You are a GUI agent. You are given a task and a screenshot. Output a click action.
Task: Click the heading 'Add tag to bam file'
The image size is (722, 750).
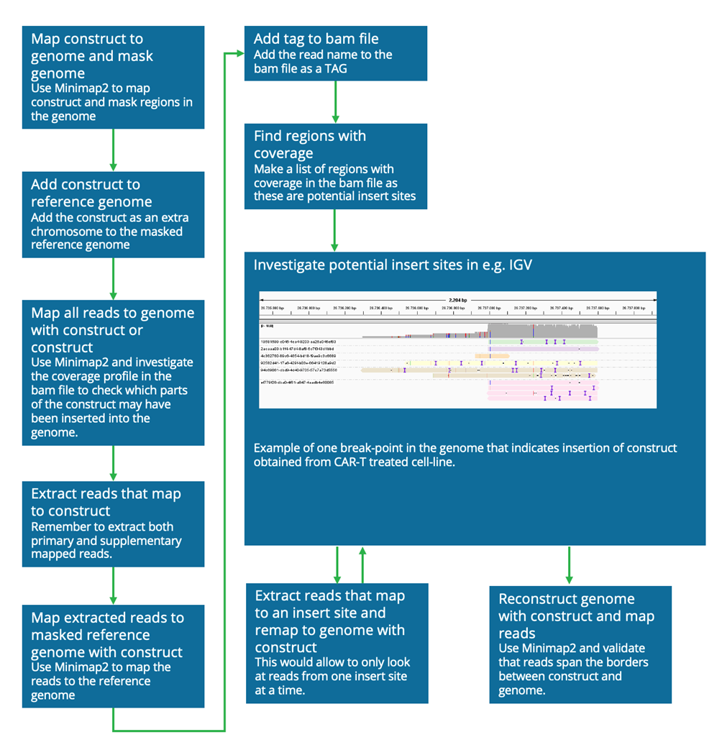pos(316,39)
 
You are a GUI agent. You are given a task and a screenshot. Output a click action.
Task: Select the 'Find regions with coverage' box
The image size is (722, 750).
pos(335,166)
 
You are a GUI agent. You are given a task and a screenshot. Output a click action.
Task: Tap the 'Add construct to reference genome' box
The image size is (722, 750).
pos(113,214)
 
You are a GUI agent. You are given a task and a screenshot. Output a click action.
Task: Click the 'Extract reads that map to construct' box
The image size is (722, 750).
pos(113,523)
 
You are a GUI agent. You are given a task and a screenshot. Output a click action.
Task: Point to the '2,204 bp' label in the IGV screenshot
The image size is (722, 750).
pos(457,298)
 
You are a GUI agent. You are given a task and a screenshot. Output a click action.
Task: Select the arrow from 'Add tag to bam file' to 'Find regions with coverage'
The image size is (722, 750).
pos(336,101)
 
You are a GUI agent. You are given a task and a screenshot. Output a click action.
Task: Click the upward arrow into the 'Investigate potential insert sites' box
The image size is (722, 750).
pos(362,564)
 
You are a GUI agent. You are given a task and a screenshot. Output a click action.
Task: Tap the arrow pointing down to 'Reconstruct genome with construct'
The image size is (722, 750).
pos(570,564)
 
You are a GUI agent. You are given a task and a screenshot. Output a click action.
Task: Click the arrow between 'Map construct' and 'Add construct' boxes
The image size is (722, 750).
pos(113,150)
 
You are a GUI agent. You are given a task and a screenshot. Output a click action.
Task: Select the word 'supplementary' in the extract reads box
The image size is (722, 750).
pos(145,541)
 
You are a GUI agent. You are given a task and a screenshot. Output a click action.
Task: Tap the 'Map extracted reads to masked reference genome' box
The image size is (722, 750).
pos(113,655)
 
